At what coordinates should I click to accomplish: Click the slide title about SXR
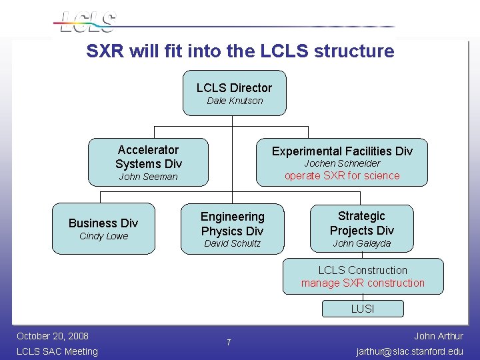click(x=240, y=51)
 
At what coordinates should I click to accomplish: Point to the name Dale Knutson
click(x=235, y=101)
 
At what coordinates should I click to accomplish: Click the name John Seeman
click(x=148, y=177)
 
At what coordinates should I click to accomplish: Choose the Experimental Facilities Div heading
click(x=342, y=151)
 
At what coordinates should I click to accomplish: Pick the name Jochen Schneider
click(x=342, y=163)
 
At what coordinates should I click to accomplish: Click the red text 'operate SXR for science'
click(x=342, y=176)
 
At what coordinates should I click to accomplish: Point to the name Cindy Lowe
click(x=103, y=236)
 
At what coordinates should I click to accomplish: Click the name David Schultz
click(x=232, y=243)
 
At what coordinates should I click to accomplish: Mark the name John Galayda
click(x=361, y=243)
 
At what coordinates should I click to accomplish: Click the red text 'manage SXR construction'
click(x=363, y=283)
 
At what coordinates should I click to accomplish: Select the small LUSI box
click(x=363, y=309)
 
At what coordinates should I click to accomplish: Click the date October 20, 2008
click(x=53, y=335)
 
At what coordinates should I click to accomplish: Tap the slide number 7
click(x=229, y=343)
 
